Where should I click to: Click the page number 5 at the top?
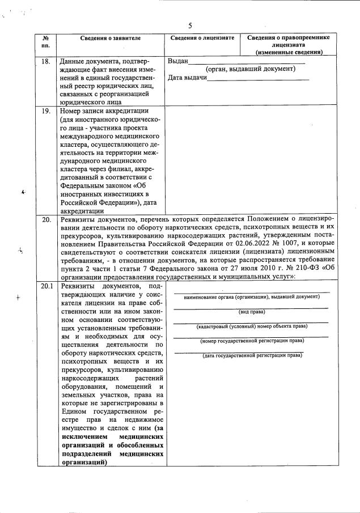pos(190,26)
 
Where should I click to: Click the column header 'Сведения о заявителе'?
pos(110,37)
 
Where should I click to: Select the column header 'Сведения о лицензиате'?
pos(202,37)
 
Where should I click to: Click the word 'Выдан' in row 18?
pos(178,61)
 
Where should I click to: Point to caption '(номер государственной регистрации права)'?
pos(251,341)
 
